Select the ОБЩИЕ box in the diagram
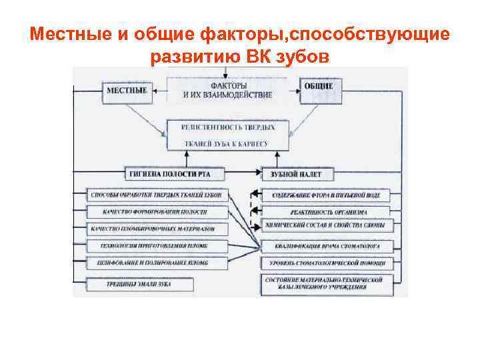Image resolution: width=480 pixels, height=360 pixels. tap(318, 87)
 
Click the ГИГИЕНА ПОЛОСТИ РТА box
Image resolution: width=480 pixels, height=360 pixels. tap(177, 174)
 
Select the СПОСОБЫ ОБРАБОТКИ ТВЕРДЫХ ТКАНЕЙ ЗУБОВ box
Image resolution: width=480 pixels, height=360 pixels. tap(157, 195)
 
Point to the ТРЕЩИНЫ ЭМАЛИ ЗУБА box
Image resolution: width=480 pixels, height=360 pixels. tap(139, 285)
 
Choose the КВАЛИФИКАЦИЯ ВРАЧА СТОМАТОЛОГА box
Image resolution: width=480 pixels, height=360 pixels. tap(326, 246)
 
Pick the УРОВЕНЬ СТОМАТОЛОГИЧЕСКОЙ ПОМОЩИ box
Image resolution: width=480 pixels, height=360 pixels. tap(326, 263)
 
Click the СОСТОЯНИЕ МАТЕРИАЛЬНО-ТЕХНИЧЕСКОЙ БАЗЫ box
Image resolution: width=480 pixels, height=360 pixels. tap(326, 283)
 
